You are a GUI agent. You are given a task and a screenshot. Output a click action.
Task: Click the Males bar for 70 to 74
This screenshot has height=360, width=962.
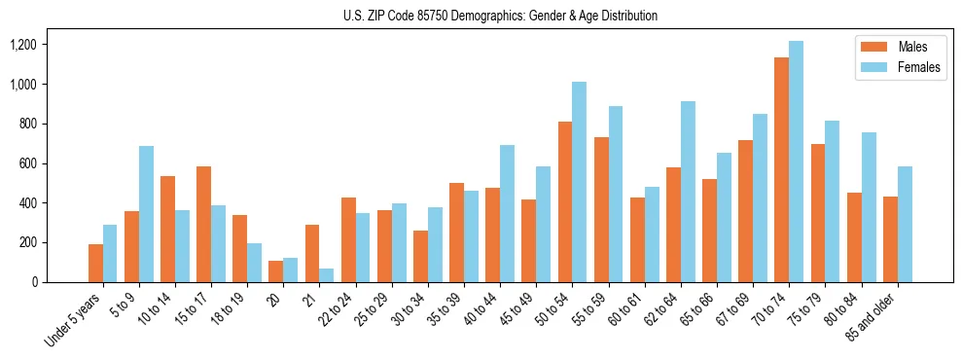781,170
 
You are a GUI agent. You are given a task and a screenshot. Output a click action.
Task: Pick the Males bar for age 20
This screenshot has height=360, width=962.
276,271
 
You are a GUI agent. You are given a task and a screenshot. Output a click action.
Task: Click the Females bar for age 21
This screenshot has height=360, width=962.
327,275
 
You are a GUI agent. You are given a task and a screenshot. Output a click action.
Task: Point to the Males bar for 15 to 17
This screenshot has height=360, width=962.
203,225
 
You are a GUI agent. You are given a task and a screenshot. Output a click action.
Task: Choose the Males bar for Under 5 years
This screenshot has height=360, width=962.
95,264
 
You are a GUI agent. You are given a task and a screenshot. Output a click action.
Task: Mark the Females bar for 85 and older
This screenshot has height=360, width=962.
905,225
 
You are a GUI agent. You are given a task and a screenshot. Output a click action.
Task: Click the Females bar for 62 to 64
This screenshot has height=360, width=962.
688,192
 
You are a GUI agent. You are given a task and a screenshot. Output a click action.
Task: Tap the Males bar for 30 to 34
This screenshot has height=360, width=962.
420,257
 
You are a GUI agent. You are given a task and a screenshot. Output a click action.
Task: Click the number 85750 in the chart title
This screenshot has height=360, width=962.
436,16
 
